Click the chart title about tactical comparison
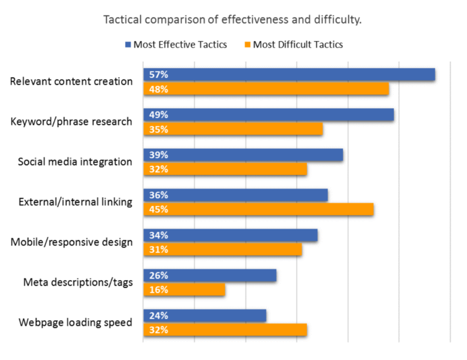pyautogui.click(x=233, y=19)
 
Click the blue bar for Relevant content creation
pyautogui.click(x=289, y=74)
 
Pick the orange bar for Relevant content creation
pyautogui.click(x=266, y=89)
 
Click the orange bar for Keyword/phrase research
pyautogui.click(x=233, y=130)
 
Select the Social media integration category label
pyautogui.click(x=75, y=162)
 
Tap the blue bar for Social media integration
pyautogui.click(x=243, y=155)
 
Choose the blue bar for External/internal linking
pyautogui.click(x=235, y=195)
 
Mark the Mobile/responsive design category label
pyautogui.click(x=72, y=242)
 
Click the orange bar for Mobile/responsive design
pyautogui.click(x=223, y=250)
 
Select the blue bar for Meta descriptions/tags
pyautogui.click(x=210, y=275)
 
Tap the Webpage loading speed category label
pyautogui.click(x=75, y=322)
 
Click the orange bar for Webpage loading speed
pyautogui.click(x=225, y=330)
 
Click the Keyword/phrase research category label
pyautogui.click(x=71, y=122)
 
